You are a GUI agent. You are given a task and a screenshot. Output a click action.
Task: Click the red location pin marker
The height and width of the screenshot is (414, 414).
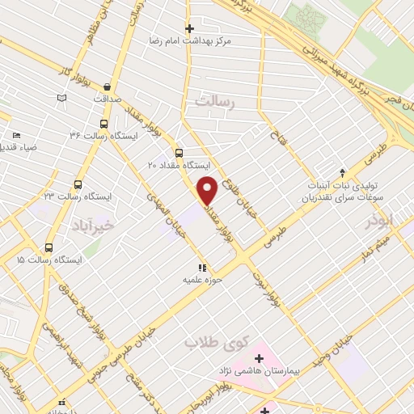(207, 189)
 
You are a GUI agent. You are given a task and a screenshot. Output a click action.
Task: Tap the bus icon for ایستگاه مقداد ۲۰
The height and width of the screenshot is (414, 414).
(179, 152)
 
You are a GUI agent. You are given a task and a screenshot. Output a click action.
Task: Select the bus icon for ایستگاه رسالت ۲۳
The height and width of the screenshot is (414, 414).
(78, 184)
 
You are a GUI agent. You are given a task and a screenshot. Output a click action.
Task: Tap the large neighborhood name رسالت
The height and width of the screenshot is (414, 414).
(214, 102)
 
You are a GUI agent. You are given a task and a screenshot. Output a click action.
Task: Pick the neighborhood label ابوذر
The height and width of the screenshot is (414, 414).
(378, 221)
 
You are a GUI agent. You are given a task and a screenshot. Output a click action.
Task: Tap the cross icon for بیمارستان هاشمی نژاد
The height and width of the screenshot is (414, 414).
(260, 357)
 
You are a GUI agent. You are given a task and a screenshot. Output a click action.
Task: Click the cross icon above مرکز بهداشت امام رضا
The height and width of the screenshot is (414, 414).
(189, 28)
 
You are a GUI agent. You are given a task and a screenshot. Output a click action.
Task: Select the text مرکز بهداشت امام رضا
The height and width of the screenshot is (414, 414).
(188, 40)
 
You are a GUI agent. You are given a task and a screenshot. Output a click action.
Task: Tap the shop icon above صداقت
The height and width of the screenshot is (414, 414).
(108, 86)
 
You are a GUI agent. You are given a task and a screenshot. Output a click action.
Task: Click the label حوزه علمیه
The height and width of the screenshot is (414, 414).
(202, 279)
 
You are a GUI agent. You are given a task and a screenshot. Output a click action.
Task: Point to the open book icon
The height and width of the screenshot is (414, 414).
(61, 99)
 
